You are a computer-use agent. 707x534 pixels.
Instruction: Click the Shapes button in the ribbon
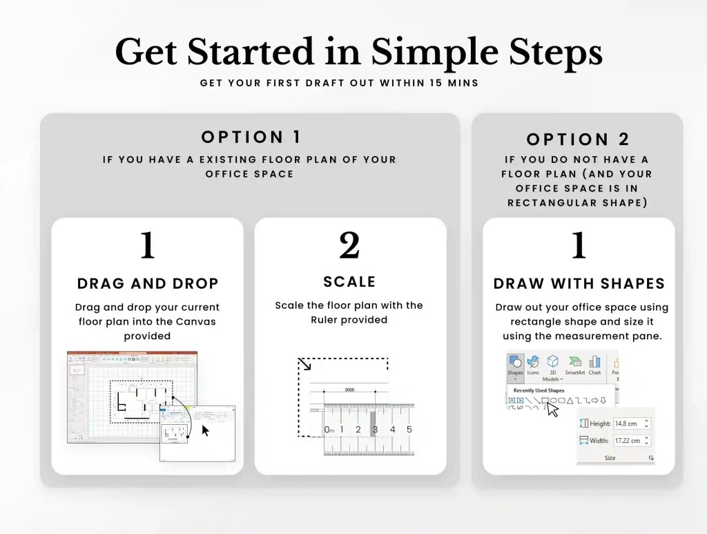tap(515, 364)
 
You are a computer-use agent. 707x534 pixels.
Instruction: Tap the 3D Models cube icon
tap(552, 364)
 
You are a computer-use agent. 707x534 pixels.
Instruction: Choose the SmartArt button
tap(574, 364)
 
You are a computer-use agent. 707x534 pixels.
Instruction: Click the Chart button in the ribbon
tap(594, 364)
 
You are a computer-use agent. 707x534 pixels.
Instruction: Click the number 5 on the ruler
tap(409, 430)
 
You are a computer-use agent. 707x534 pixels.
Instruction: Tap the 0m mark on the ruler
tap(329, 430)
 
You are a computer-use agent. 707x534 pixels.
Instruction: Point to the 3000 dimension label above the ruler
tap(349, 390)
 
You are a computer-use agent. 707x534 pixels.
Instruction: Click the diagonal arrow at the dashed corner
tap(304, 364)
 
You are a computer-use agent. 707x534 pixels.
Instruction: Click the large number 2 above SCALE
tap(349, 245)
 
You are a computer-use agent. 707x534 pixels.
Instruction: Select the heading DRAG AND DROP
tap(148, 283)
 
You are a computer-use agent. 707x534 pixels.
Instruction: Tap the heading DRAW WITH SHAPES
tap(579, 284)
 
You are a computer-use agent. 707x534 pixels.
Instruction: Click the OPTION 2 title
tap(579, 140)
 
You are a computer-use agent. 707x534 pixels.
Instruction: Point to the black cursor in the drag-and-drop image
tap(205, 430)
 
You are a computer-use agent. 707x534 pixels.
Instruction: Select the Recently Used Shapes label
tap(539, 390)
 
